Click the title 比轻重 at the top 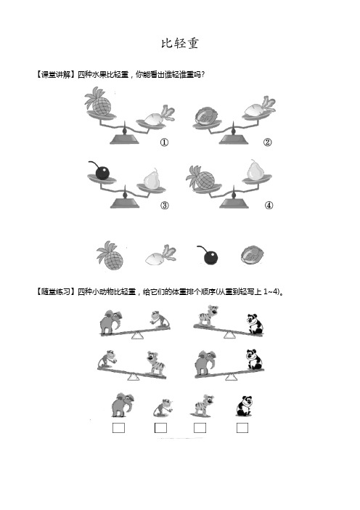point(179,44)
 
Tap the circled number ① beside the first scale point(165,142)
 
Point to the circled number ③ point(165,205)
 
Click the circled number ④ point(269,205)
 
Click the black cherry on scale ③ point(102,172)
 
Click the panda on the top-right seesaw point(253,324)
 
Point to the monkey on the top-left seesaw point(157,319)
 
